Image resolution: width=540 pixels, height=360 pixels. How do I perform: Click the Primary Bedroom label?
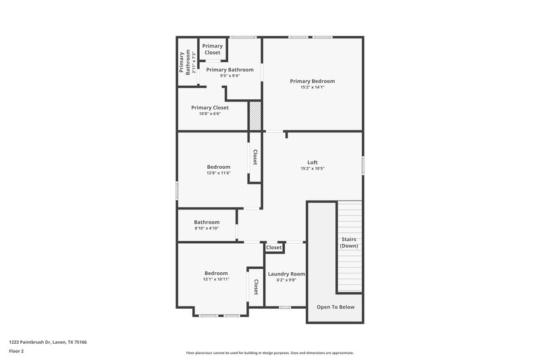pos(312,81)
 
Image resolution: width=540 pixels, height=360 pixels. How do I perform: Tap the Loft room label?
pos(312,162)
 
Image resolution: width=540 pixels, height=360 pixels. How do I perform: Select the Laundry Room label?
pos(286,274)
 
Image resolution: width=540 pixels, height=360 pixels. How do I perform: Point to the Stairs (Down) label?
pos(349,242)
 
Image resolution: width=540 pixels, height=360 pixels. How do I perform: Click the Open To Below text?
pos(335,307)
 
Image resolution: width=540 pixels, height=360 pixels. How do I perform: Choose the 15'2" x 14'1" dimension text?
pos(312,87)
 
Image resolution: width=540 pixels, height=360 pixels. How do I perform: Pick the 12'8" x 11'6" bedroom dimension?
pos(218,173)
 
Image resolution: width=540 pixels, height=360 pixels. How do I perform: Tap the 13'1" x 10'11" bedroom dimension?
pos(216,279)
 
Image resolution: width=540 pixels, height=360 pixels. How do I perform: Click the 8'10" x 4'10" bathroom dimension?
pos(207,228)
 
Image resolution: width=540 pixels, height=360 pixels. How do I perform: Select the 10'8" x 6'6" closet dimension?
pos(209,113)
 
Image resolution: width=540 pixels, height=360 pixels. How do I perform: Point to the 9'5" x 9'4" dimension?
pos(230,76)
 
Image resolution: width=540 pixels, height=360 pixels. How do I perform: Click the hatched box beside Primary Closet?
pos(254,115)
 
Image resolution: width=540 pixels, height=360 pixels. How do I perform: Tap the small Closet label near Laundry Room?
pos(274,248)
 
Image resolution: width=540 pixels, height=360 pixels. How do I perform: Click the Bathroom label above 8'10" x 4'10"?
pos(207,222)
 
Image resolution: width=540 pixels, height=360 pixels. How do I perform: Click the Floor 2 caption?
pos(16,351)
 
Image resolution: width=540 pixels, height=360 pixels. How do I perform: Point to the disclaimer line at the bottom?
pos(269,353)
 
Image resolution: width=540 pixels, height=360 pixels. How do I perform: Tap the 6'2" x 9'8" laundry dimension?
pos(286,280)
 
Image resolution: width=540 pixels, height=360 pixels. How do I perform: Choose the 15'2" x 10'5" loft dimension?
pos(312,168)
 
